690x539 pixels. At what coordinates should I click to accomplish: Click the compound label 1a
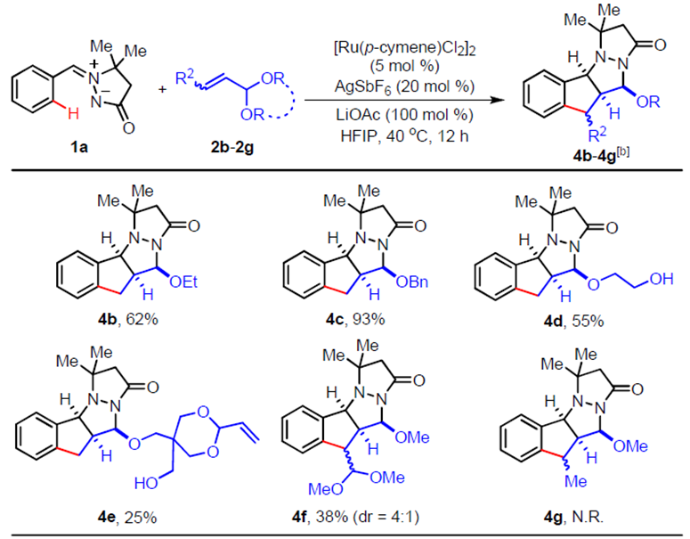coord(79,147)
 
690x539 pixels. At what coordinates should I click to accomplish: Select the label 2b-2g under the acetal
coord(232,147)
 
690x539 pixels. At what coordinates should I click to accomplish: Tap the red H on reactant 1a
coord(74,114)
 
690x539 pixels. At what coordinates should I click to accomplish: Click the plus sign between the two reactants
coord(162,90)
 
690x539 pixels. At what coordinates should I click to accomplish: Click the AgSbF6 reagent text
coord(405,86)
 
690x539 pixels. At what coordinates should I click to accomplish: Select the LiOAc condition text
coord(405,115)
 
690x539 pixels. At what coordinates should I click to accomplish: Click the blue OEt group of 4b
coord(183,282)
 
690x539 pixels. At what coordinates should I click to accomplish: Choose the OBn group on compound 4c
coord(412,282)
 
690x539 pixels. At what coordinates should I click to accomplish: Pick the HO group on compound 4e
coord(147,483)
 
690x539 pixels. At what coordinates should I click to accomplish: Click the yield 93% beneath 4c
coord(369,318)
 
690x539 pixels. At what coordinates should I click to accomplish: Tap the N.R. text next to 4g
coord(588,517)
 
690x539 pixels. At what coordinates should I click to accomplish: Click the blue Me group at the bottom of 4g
coord(575,481)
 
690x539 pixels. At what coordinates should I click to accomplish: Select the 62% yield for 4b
coord(142,318)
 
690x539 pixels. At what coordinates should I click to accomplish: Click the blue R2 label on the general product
coord(597,135)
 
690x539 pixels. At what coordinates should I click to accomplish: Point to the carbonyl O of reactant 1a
coord(128,128)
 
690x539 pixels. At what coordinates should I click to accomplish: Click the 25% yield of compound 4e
coord(141,517)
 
